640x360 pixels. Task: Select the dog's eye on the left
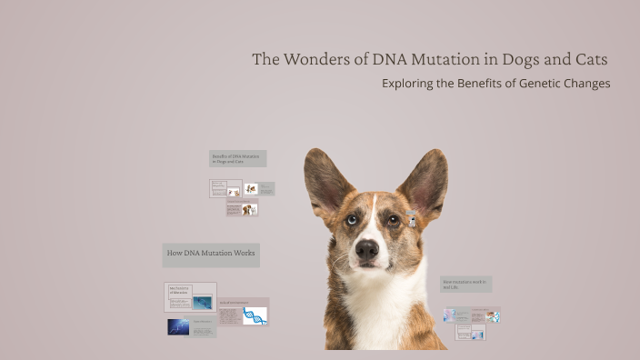(352, 219)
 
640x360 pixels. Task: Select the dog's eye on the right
(393, 219)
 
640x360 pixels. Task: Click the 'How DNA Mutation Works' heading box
(211, 253)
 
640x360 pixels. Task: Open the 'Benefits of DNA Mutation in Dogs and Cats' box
(236, 158)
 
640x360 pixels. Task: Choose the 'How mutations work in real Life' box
(465, 285)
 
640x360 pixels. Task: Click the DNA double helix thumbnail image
(255, 316)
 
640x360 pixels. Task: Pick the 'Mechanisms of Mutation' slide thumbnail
(190, 296)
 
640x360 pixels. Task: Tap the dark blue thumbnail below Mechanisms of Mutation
(178, 326)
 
